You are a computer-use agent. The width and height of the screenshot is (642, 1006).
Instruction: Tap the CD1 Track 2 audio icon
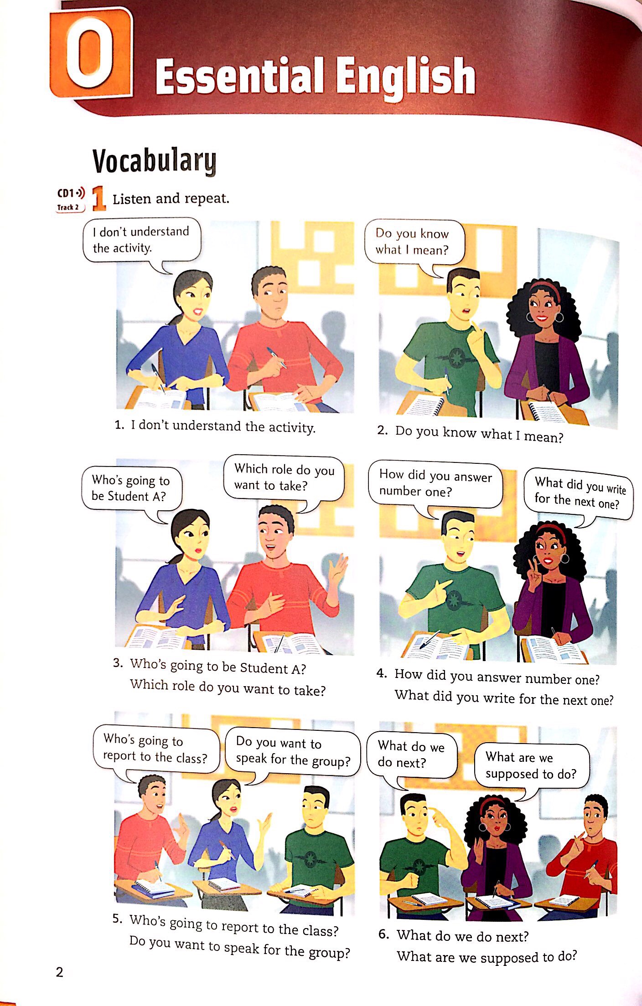point(71,200)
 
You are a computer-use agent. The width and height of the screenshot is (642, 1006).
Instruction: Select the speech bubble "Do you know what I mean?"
point(413,242)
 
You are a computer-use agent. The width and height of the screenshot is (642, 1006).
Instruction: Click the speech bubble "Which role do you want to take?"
point(284,477)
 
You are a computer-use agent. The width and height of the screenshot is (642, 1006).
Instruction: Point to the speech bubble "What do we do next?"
point(410,754)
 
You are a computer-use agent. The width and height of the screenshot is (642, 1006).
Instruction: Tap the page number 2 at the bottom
point(59,972)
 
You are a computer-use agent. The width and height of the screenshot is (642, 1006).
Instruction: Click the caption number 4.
point(382,673)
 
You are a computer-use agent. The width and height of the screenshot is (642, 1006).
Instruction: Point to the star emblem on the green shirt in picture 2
point(456,358)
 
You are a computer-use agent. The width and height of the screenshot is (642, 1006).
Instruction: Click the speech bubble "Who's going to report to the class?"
point(155,749)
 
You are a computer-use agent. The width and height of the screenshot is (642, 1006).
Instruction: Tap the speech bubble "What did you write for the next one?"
point(578,493)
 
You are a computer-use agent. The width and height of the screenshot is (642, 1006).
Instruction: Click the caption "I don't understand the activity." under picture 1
point(223,426)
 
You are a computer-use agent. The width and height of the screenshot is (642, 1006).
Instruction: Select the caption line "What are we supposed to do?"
point(487,956)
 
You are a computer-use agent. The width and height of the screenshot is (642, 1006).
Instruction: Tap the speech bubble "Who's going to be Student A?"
point(131,488)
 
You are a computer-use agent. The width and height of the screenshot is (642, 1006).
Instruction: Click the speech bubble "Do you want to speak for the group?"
point(292,752)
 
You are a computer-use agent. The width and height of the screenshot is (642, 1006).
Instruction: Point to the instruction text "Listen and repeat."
point(171,199)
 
